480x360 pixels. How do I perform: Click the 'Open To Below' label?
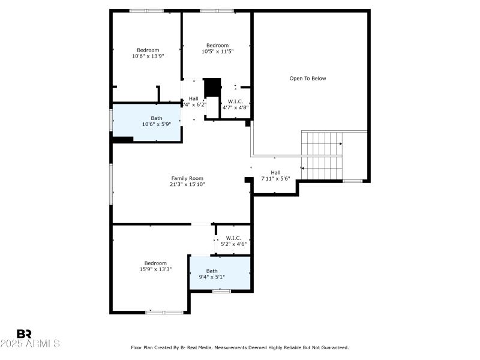(308, 78)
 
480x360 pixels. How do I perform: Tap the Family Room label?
(187, 178)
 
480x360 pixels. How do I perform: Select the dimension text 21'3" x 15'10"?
(187, 185)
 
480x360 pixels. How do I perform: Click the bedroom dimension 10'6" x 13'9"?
(148, 56)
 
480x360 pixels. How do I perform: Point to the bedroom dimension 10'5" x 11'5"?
(217, 52)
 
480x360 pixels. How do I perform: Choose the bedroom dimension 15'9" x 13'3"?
(155, 269)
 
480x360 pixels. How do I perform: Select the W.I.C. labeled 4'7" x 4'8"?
(235, 104)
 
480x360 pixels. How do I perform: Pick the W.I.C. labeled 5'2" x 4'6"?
(233, 241)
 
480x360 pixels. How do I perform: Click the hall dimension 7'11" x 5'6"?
(275, 179)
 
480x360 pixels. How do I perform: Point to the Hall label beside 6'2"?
(193, 98)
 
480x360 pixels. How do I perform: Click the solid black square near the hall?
(212, 87)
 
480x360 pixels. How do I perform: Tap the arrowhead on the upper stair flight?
(341, 144)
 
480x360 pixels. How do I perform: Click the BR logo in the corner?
(24, 334)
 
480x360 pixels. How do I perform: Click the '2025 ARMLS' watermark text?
(30, 344)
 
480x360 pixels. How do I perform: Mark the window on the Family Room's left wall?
(111, 184)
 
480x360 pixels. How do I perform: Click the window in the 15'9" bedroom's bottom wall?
(164, 312)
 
